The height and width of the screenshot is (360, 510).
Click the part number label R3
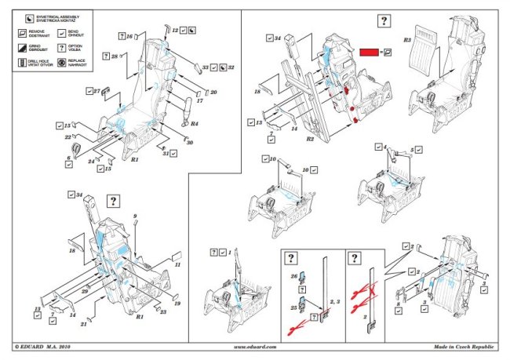click(x=406, y=38)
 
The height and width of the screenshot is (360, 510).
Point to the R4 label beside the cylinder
click(x=194, y=124)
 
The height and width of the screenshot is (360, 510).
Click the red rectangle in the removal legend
click(x=369, y=51)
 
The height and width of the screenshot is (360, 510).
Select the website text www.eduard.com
click(x=255, y=346)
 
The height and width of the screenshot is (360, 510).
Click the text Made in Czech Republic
click(x=463, y=346)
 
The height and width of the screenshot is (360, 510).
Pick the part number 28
click(x=115, y=56)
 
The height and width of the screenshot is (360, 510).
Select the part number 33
click(x=206, y=67)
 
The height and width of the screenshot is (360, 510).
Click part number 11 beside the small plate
click(x=177, y=265)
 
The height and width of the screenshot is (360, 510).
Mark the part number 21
click(x=84, y=323)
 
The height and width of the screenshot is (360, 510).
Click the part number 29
click(x=84, y=291)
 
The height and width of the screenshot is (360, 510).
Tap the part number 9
click(x=135, y=216)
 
